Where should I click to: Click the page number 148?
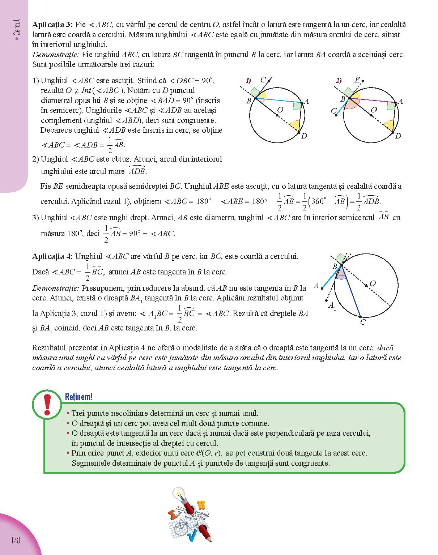pos(15,541)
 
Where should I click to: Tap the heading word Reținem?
pos(78,397)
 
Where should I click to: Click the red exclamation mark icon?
pos(47,405)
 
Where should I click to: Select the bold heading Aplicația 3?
pos(52,25)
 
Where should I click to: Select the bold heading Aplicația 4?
pos(52,256)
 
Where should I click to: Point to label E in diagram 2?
pos(357,80)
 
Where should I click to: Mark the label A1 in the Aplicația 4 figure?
pos(332,306)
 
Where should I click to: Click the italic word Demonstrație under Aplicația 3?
pos(55,55)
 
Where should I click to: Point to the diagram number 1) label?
pos(248,81)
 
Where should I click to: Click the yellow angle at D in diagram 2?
pos(389,126)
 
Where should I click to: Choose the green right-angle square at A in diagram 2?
pos(391,106)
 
